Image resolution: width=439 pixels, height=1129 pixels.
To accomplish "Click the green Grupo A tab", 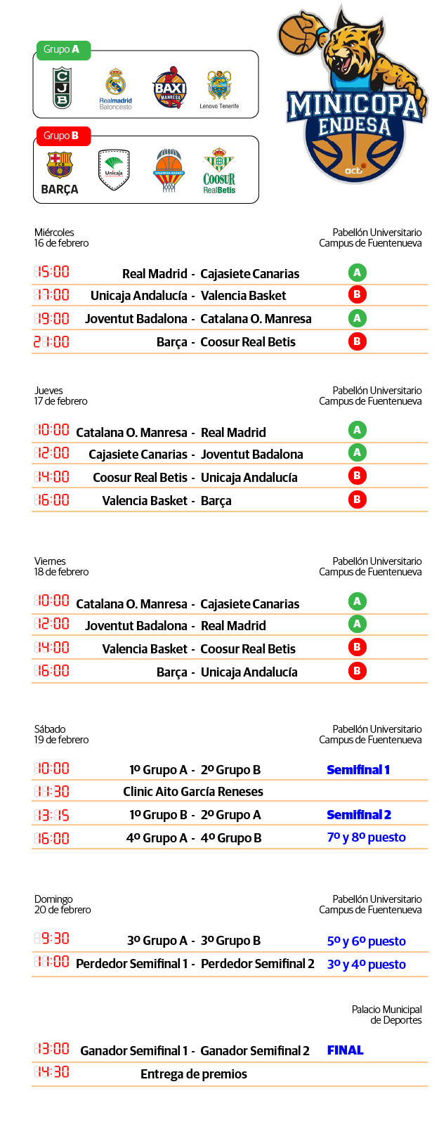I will pyautogui.click(x=63, y=50).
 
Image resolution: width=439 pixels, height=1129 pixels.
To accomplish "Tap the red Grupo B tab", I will pyautogui.click(x=63, y=136).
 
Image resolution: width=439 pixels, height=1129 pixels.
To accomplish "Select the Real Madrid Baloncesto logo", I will pyautogui.click(x=116, y=89).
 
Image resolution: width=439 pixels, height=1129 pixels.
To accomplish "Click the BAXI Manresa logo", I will pyautogui.click(x=169, y=87).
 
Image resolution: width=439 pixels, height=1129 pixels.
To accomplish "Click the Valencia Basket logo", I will pyautogui.click(x=168, y=170).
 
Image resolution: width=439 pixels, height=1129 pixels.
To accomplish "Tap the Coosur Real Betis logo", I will pyautogui.click(x=219, y=170).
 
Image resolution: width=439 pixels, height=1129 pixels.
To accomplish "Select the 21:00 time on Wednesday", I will pyautogui.click(x=51, y=342).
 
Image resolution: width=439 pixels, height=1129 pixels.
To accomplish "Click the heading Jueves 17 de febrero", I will pyautogui.click(x=61, y=396).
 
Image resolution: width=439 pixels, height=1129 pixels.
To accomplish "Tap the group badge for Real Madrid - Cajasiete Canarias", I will pyautogui.click(x=357, y=273).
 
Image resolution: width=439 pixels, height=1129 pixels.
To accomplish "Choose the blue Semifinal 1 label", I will pyautogui.click(x=358, y=770).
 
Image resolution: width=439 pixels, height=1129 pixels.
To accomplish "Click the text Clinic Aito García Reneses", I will pyautogui.click(x=193, y=792).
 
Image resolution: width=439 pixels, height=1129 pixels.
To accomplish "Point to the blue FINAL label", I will pyautogui.click(x=345, y=1050).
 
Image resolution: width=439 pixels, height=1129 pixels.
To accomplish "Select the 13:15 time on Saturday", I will pyautogui.click(x=51, y=815).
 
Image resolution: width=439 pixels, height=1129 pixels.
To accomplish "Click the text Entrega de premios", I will pyautogui.click(x=194, y=1074).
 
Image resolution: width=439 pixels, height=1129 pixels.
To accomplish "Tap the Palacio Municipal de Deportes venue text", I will pyautogui.click(x=386, y=1014).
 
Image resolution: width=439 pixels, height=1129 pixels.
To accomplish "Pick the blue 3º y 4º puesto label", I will pyautogui.click(x=366, y=965).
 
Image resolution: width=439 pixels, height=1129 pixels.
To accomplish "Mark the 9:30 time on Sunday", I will pyautogui.click(x=51, y=939).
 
